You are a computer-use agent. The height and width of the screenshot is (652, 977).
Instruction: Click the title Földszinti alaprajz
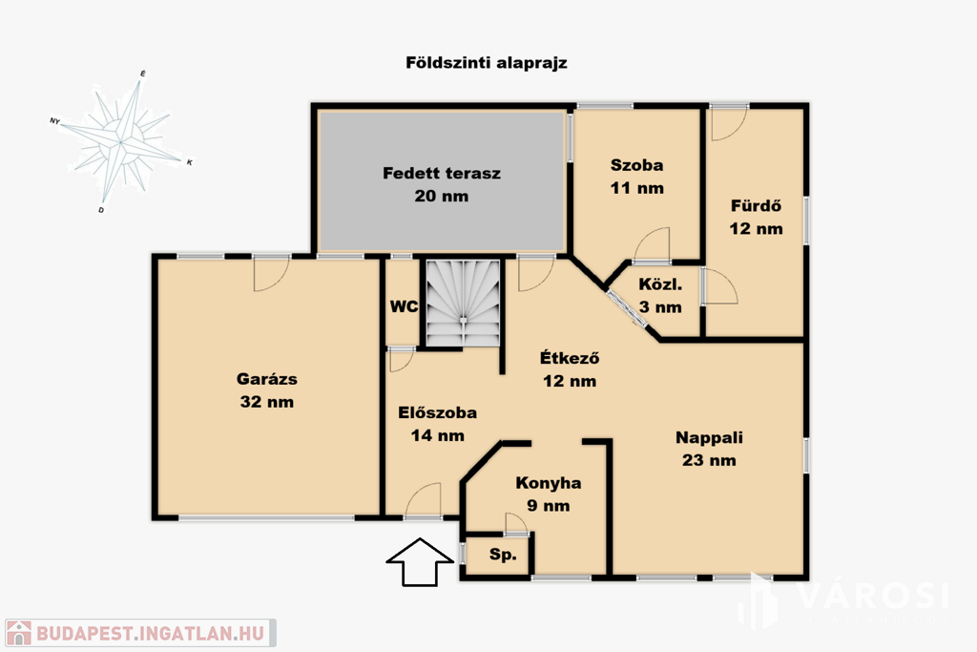pos(486,63)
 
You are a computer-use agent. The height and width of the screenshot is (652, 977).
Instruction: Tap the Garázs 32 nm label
pos(267,390)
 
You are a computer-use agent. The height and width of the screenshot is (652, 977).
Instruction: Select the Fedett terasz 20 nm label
pos(441,184)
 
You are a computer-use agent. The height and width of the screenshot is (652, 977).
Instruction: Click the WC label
pos(404,306)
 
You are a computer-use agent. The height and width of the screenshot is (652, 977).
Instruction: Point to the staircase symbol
pos(464,303)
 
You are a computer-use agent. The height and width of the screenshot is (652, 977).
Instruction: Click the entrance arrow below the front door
pos(420,561)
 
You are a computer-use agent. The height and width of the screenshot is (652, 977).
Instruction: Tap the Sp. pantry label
pos(502,554)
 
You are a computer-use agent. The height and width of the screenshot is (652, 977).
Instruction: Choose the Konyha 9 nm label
pos(549,494)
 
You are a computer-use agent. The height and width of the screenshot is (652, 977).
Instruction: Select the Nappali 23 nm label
pos(709,449)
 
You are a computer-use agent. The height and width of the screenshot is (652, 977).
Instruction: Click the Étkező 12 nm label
pos(570,369)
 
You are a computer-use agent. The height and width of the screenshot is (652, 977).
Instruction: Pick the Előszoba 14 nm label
pos(437,424)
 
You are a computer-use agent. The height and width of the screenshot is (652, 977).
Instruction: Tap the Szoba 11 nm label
pos(636,177)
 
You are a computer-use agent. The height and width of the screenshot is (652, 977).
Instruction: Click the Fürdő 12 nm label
pos(756,217)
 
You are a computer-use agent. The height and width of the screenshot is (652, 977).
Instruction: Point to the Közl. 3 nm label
pos(660,296)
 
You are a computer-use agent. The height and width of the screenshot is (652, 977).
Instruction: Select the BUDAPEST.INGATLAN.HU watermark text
pos(151,633)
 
